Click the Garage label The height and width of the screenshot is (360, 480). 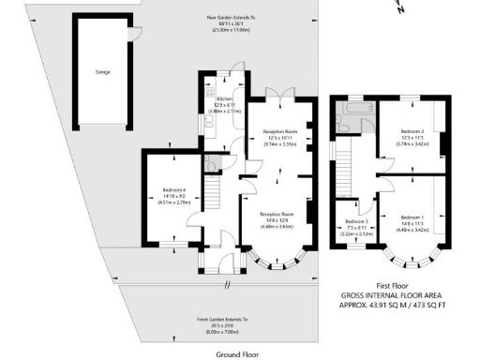pyautogui.click(x=101, y=71)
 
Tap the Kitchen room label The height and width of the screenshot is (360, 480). pyautogui.click(x=225, y=98)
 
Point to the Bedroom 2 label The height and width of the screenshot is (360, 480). pyautogui.click(x=413, y=131)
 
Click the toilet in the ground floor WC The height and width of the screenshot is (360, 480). pyautogui.click(x=210, y=165)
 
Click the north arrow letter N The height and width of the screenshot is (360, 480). pyautogui.click(x=400, y=7)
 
